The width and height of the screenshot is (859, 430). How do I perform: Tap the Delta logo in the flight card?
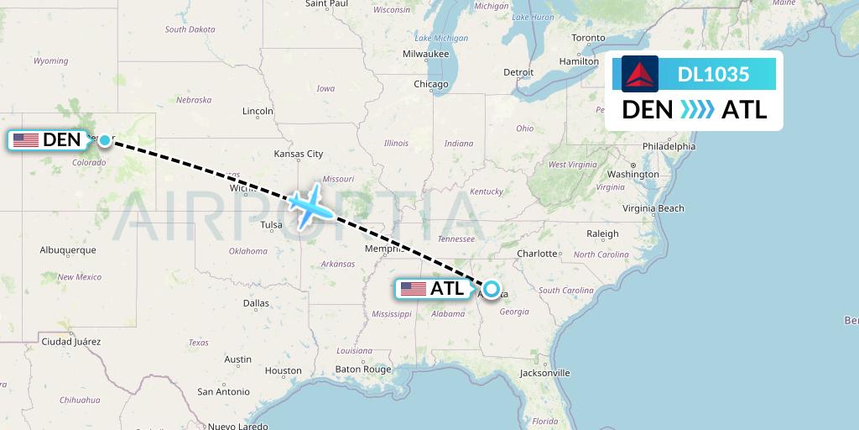pos(640,74)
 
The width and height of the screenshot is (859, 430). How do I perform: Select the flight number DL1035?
pos(713,74)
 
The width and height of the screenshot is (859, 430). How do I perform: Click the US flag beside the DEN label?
pos(26,140)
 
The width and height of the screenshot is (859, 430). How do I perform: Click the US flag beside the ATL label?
pos(414,289)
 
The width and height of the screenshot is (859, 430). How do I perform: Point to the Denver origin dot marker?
pos(104,140)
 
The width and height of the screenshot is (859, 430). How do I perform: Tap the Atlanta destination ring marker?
pos(491,289)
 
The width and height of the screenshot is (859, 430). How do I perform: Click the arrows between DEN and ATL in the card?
pos(697,109)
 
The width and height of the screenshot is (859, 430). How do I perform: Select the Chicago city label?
pos(430,84)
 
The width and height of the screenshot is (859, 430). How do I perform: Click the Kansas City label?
pos(299,154)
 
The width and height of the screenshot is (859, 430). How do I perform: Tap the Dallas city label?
pos(256,303)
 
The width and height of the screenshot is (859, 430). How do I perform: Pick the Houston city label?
pos(283,370)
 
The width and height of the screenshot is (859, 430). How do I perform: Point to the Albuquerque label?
pos(68,250)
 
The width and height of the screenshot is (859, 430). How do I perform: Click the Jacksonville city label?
pos(544,373)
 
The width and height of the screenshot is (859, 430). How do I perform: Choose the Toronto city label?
pos(588,38)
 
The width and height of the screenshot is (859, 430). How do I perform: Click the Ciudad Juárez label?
pos(70,342)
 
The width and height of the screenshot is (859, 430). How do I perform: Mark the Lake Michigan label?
pos(441,37)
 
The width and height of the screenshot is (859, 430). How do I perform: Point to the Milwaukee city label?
pos(426,54)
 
